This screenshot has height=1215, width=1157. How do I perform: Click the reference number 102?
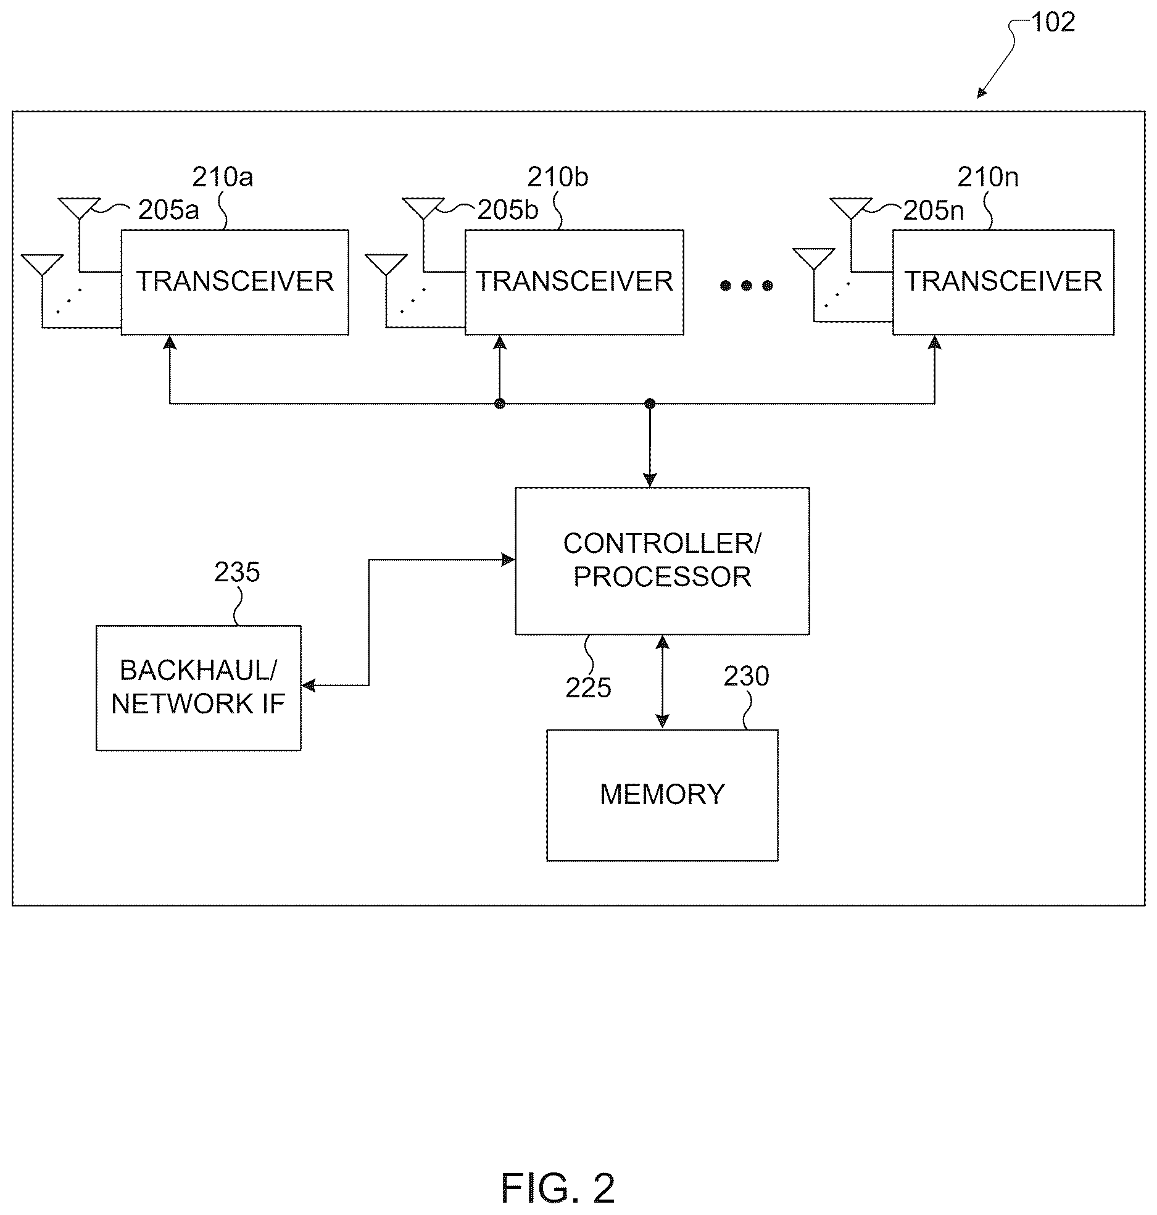point(1053,22)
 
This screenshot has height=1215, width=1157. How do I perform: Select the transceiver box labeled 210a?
point(235,282)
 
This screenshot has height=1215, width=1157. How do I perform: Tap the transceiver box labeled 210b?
point(574,282)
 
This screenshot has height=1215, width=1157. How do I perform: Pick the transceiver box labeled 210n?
point(1003,282)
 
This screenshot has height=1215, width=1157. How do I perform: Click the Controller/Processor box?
point(662,560)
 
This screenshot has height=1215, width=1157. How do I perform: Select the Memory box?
point(662,795)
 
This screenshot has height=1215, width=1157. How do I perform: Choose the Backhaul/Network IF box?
point(199,687)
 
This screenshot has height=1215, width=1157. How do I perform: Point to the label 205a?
point(168,210)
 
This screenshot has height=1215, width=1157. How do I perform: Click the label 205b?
point(508,210)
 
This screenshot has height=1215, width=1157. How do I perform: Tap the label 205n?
point(934,211)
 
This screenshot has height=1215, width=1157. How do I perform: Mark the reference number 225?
point(588,687)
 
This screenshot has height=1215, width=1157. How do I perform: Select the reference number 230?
point(747,676)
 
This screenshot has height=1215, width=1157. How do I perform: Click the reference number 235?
point(237,573)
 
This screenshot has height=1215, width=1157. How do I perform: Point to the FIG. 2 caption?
point(558,1188)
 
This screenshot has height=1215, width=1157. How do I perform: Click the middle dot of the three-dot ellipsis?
point(747,286)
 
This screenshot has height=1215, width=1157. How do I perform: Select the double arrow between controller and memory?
point(662,682)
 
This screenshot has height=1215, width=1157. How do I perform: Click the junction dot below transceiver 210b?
point(500,404)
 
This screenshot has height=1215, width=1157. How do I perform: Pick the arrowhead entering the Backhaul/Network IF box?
point(308,686)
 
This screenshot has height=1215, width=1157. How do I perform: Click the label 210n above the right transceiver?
point(988,178)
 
